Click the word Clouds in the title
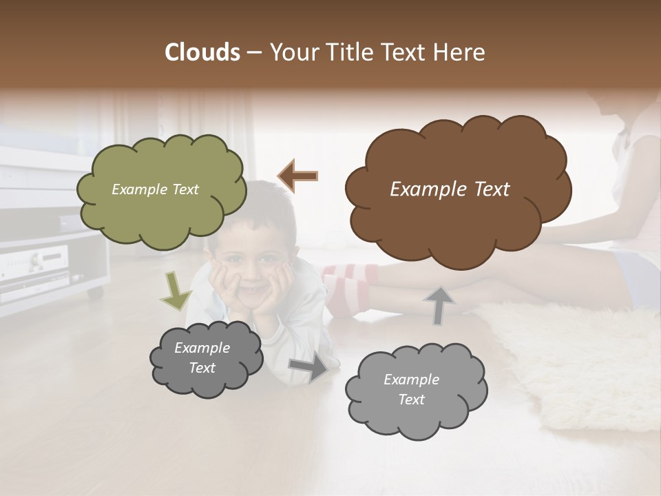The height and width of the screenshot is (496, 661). point(202,52)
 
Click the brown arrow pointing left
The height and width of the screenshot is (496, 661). point(298,176)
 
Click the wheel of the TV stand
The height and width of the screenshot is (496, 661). point(95,293)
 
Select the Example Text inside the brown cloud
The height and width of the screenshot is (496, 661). point(450,189)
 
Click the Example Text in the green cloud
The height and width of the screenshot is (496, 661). point(155,189)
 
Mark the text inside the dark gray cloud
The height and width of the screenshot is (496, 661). point(202,358)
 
